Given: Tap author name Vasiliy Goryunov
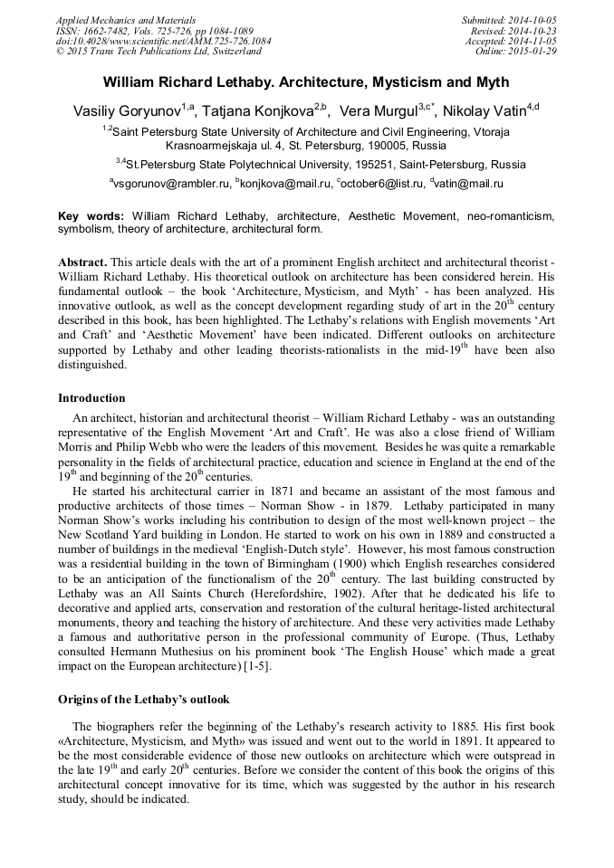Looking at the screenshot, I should tap(126, 111).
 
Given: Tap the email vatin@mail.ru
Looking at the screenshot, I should tap(468, 184).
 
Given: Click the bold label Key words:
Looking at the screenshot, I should tap(91, 217).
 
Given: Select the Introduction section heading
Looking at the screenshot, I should tap(91, 397).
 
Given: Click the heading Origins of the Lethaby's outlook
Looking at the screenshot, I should tap(144, 700).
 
